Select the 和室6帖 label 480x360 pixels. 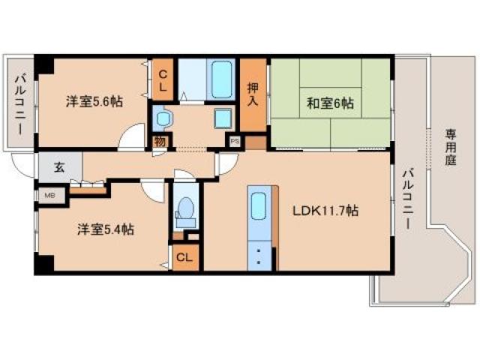(x=329, y=104)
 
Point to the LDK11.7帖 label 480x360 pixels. (x=325, y=211)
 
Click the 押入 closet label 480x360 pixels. (x=253, y=95)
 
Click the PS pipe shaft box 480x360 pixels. (x=235, y=139)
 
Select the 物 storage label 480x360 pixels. (x=160, y=141)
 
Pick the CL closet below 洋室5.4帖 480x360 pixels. (x=185, y=257)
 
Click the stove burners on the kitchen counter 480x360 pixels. (x=259, y=255)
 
